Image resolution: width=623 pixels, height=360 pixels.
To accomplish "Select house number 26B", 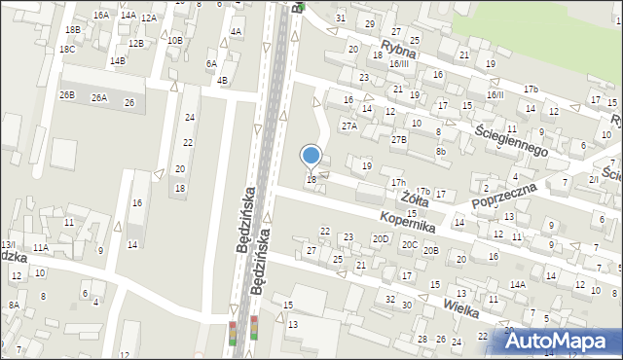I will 66,95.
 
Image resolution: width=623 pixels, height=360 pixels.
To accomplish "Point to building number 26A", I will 99,98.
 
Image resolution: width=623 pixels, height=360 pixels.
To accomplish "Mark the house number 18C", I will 66,50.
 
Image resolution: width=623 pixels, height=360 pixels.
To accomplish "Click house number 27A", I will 348,126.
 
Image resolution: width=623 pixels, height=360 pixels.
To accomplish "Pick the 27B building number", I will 399,140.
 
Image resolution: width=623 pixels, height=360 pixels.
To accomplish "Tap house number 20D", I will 381,238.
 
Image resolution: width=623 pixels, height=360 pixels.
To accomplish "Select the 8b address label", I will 441,151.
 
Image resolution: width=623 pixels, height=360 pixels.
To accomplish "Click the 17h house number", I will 398,183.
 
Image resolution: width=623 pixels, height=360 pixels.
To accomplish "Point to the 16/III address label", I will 398,64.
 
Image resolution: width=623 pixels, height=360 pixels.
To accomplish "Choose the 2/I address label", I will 593,179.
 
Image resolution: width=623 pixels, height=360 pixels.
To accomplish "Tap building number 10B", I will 174,40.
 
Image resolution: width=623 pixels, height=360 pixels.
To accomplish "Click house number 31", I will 340,18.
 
